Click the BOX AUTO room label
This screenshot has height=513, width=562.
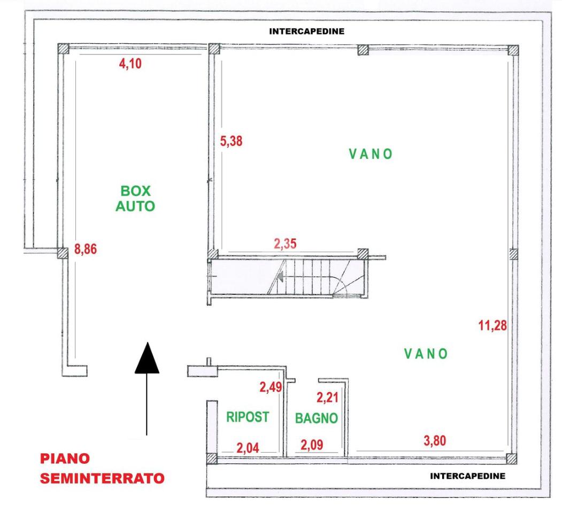(135, 198)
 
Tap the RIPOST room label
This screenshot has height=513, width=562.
(247, 417)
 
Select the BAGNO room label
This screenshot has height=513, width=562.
(317, 418)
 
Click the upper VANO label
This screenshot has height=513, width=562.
(371, 154)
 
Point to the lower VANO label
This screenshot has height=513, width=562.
(426, 354)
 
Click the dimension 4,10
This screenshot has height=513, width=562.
(130, 64)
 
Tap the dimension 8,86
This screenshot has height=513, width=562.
(86, 249)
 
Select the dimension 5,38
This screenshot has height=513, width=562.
(231, 141)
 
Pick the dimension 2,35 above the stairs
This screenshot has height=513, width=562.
(286, 244)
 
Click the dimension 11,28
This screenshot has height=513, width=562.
(492, 325)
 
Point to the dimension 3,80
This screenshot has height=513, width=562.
(435, 441)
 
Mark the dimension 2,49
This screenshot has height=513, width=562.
(271, 387)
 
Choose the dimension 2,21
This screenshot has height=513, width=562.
(327, 397)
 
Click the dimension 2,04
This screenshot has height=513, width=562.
(248, 448)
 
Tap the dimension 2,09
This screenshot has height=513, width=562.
(312, 445)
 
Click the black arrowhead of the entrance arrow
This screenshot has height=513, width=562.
(147, 358)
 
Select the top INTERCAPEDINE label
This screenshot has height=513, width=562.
(307, 32)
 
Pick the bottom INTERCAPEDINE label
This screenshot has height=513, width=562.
(468, 476)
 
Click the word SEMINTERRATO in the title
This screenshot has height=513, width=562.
(102, 478)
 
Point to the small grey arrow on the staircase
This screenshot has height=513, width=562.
(280, 276)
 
